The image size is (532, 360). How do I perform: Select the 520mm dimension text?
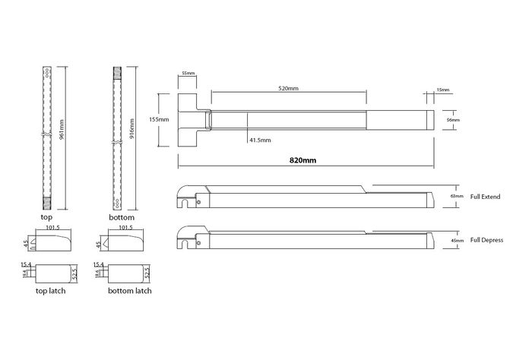(288, 89)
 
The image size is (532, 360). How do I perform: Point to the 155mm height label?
(158, 119)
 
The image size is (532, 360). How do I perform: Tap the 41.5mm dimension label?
(261, 141)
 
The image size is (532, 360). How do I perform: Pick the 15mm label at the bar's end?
(443, 90)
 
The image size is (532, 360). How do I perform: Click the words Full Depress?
(487, 240)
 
